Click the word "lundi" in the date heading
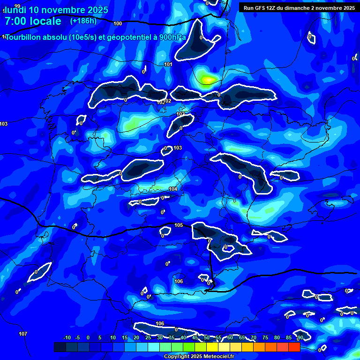[15, 10]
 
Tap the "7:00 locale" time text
[33, 21]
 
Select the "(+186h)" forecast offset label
[83, 21]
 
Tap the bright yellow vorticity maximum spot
[208, 80]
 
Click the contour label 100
[118, 23]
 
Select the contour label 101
[168, 64]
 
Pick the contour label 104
[173, 189]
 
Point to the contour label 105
[179, 225]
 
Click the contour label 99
[17, 6]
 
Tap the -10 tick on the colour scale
[67, 337]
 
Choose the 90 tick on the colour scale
[300, 337]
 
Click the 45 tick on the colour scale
[195, 337]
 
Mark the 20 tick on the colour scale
[136, 337]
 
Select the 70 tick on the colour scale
[254, 337]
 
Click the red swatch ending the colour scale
[294, 347]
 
